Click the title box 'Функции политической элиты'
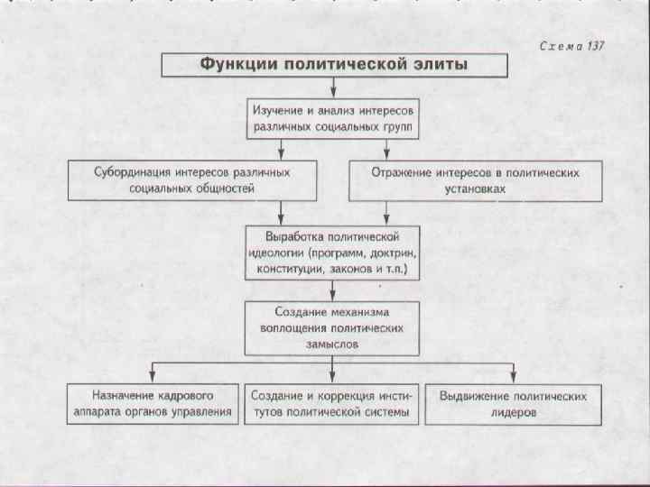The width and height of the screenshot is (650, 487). (x=333, y=64)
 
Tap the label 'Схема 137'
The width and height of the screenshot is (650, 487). (x=571, y=46)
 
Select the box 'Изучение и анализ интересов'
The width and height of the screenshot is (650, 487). (x=333, y=116)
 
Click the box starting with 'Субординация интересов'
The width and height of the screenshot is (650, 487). (x=192, y=179)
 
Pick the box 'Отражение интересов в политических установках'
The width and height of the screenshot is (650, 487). (x=476, y=179)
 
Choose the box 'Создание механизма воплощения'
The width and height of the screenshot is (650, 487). (x=333, y=328)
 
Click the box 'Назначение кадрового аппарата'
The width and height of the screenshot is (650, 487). (x=152, y=404)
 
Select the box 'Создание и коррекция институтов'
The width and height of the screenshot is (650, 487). (x=333, y=404)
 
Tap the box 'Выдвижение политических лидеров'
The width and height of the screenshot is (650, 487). (x=514, y=404)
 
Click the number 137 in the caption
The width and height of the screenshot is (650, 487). (x=593, y=46)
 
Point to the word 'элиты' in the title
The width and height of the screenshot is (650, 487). (x=436, y=64)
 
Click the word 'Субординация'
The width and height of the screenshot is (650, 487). (x=135, y=170)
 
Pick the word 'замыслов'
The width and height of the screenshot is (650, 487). (x=333, y=345)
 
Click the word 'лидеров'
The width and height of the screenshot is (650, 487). (x=514, y=413)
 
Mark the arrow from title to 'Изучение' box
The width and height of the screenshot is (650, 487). (x=333, y=87)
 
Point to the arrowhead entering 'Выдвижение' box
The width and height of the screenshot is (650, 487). (x=514, y=378)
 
